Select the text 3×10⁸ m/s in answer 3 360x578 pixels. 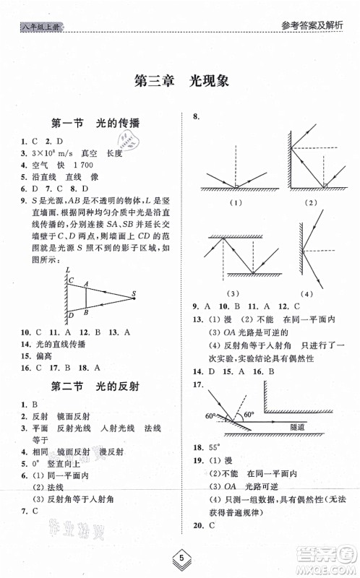45,153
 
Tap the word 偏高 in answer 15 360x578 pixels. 38,354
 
